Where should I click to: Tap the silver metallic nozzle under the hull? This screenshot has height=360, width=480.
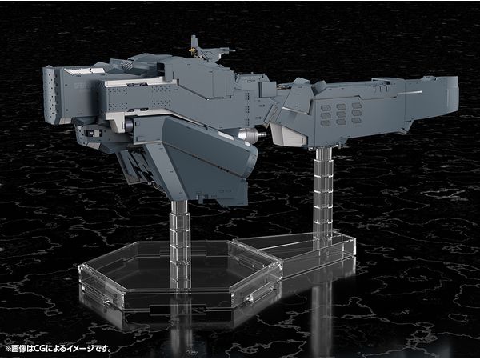252,134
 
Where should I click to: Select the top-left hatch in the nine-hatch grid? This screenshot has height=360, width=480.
326,108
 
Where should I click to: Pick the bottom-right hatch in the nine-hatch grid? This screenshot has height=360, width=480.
356,120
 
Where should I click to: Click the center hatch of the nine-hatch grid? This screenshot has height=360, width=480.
341,114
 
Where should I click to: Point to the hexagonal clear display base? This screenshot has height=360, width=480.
180,275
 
